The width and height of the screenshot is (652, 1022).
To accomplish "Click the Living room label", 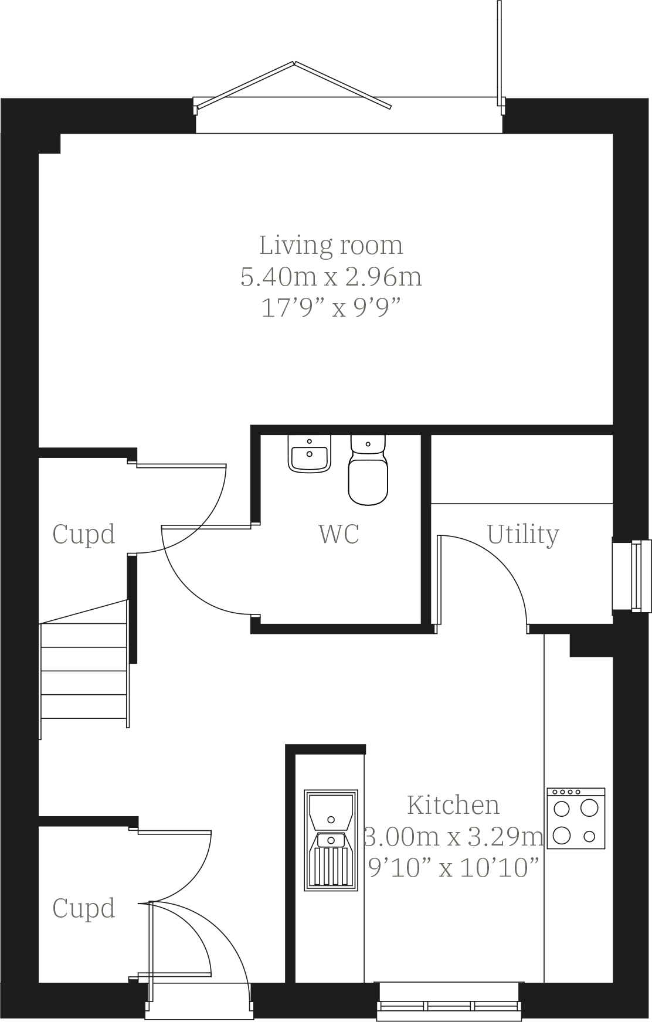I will (331, 245).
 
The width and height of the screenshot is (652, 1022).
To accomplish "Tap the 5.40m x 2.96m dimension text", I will (331, 276).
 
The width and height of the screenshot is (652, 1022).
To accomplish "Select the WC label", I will (339, 534).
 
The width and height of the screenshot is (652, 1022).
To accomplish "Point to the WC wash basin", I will (309, 455).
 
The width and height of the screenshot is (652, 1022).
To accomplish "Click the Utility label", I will (523, 534).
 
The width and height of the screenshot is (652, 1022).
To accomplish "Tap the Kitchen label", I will (453, 805).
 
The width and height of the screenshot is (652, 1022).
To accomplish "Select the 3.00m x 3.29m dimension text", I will (453, 836).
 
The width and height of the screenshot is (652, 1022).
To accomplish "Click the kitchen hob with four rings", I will (576, 819).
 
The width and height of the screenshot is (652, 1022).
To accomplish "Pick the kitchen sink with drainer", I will (331, 840).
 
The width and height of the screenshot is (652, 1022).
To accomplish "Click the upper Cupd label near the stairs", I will (84, 534).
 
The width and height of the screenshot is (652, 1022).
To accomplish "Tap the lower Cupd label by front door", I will (84, 908).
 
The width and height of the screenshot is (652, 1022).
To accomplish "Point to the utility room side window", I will (632, 576).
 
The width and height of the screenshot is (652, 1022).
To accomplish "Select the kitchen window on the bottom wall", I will (450, 1000).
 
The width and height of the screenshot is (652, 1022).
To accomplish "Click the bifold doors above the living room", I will (293, 85).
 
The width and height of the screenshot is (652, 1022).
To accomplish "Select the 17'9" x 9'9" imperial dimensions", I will (331, 307).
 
